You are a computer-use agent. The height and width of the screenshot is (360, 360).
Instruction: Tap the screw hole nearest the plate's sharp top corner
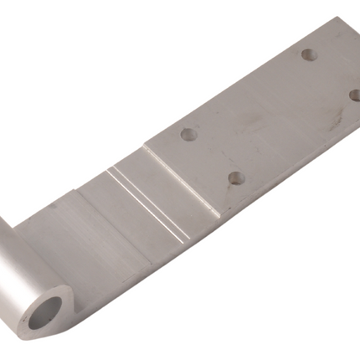[309, 55]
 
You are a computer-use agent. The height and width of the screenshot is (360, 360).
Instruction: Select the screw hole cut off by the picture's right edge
[355, 95]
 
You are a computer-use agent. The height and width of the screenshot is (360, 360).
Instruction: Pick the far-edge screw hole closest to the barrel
[189, 133]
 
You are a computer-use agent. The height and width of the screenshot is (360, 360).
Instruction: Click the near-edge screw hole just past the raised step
[235, 177]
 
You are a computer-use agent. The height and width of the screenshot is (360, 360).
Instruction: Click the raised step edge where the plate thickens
[181, 179]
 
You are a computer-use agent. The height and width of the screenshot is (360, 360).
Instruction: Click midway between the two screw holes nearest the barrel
[213, 156]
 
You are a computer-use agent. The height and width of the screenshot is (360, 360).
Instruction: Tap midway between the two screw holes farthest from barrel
[332, 75]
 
